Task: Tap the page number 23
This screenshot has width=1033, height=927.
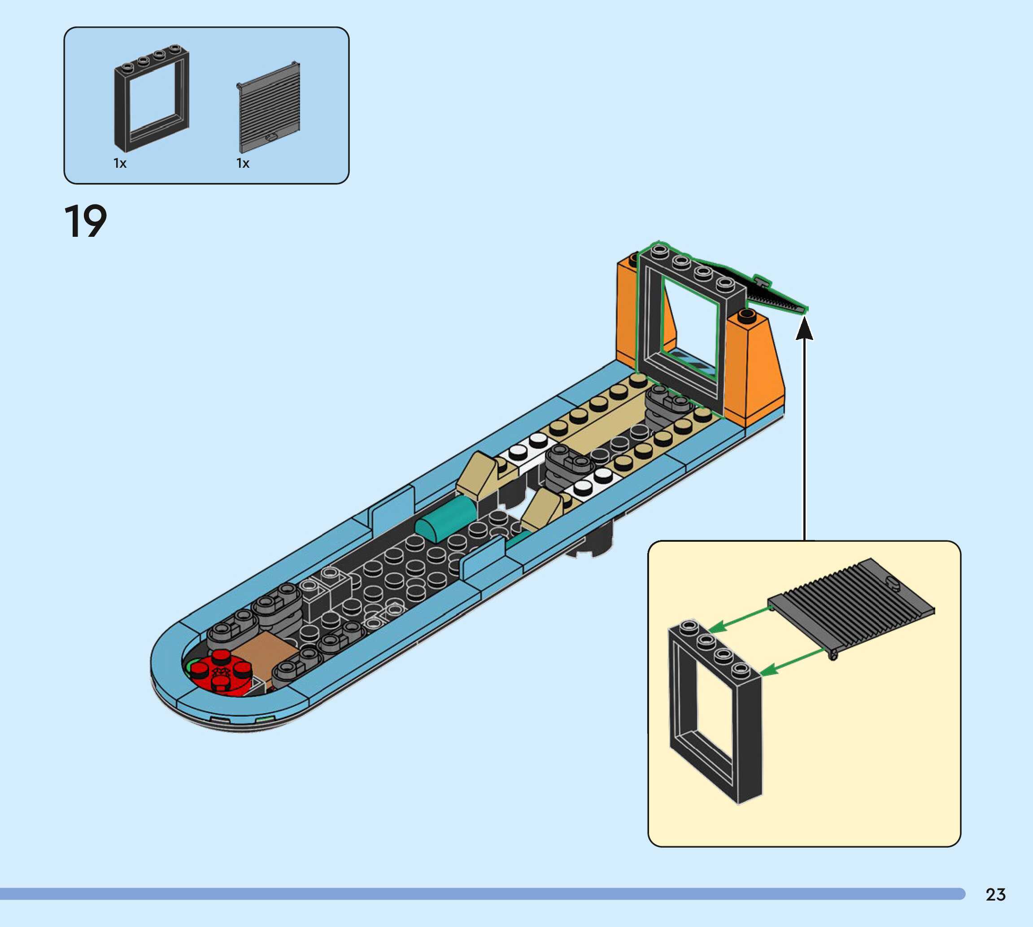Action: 995,894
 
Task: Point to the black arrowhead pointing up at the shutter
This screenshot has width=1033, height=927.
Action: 804,327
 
